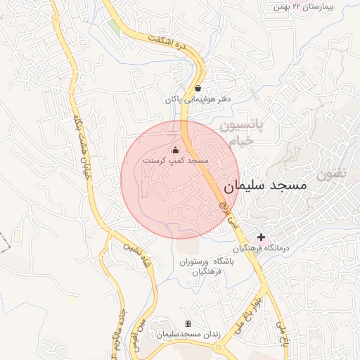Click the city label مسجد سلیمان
(266, 187)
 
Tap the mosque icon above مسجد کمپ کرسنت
(175, 150)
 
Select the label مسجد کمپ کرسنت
(176, 161)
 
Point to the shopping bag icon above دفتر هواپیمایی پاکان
(198, 89)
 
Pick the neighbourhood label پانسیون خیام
(240, 133)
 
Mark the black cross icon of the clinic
(262, 238)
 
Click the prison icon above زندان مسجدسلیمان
(188, 323)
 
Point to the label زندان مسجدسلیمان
(188, 335)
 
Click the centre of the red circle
(180, 180)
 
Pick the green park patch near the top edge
(113, 26)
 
